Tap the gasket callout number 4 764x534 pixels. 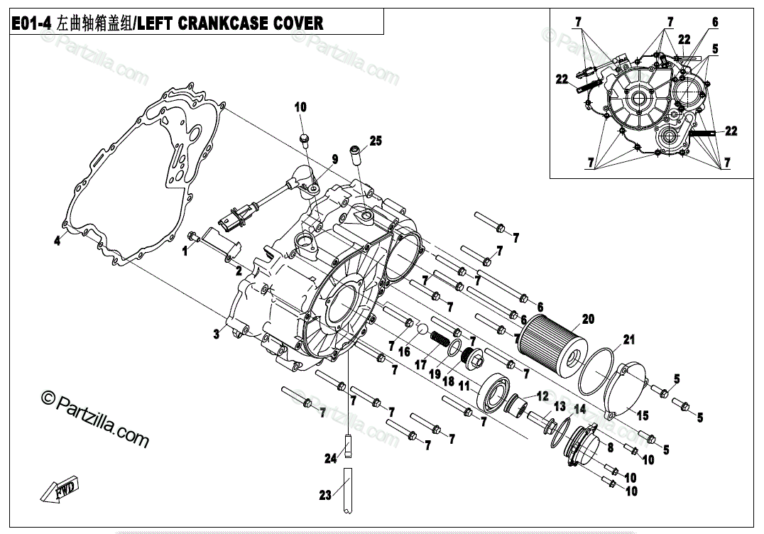(x=58, y=240)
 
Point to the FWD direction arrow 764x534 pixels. (x=60, y=491)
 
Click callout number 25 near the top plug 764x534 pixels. (x=376, y=141)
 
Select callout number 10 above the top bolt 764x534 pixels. (x=300, y=107)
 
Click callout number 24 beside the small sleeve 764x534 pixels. (x=330, y=459)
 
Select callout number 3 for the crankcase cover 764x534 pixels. (x=216, y=334)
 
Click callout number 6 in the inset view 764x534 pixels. (x=714, y=22)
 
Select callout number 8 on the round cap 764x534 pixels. (x=609, y=448)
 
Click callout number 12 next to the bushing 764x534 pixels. (x=542, y=396)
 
